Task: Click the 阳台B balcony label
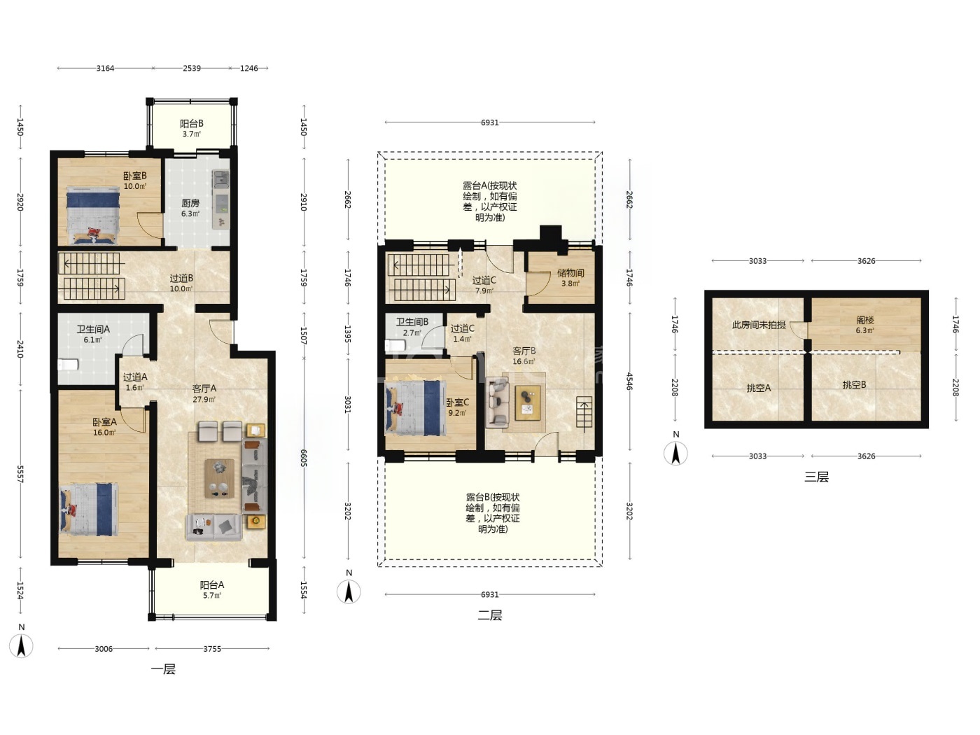tap(192, 124)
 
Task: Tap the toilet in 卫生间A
tap(67, 365)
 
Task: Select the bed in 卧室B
tap(93, 216)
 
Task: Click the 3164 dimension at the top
tap(106, 69)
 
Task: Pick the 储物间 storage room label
tap(570, 273)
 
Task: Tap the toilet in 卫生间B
tap(395, 345)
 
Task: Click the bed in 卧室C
tap(416, 408)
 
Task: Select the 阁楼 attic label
tap(864, 320)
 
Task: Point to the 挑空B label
tap(854, 385)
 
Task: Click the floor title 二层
tap(490, 615)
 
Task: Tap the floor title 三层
tap(816, 477)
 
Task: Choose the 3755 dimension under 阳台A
tap(212, 649)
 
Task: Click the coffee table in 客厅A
tap(220, 478)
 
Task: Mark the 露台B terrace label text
tap(493, 513)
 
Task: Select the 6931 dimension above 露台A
tap(490, 122)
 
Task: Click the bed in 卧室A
tap(89, 509)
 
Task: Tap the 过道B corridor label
tap(181, 279)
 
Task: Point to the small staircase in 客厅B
tap(584, 412)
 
